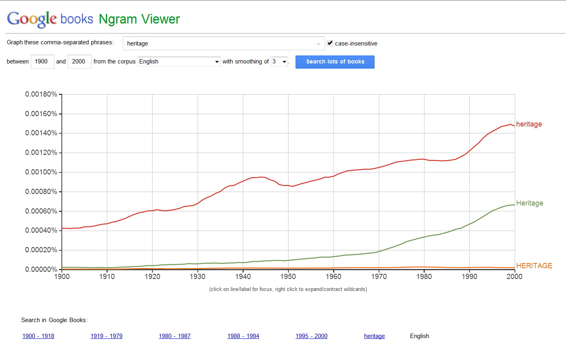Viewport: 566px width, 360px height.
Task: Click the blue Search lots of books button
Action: [x=335, y=62]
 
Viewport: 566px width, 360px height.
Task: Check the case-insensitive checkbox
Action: [x=330, y=43]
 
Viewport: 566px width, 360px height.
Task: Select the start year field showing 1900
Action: [x=42, y=61]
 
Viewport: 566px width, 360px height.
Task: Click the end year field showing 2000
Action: [x=79, y=61]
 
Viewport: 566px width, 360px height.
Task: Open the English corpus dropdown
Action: [x=179, y=61]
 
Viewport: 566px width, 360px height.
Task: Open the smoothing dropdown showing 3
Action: [x=279, y=61]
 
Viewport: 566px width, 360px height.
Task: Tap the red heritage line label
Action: [x=529, y=124]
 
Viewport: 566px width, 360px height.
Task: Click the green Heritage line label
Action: [x=529, y=203]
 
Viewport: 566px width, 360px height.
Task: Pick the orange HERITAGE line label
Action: [x=534, y=266]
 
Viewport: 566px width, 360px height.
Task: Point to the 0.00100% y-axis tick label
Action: [x=41, y=172]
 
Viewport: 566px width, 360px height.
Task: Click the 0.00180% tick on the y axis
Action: [x=41, y=94]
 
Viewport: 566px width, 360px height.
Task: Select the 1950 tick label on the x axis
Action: [x=288, y=277]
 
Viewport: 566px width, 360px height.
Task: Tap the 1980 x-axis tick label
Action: [x=424, y=277]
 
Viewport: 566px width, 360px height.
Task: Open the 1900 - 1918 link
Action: [x=38, y=336]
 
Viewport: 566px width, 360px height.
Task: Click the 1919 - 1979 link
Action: [x=106, y=336]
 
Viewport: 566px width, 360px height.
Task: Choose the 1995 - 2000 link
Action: [x=312, y=336]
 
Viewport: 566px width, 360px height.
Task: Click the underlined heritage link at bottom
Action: [x=375, y=336]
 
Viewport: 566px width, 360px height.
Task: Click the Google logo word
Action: [x=32, y=19]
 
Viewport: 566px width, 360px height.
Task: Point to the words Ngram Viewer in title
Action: [x=139, y=19]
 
